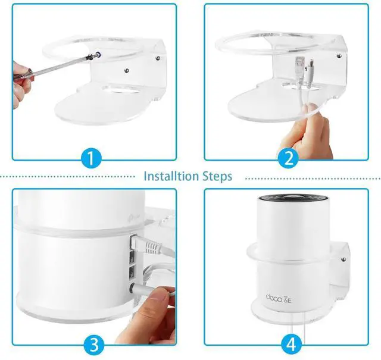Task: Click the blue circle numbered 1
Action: click(90, 158)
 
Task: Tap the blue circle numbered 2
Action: click(288, 158)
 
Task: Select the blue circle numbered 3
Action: click(94, 345)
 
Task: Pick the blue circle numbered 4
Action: click(292, 345)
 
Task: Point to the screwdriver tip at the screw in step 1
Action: click(91, 56)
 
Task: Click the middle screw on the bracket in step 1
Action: click(127, 70)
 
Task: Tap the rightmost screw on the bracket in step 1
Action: click(158, 58)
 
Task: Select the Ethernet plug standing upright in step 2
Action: click(299, 67)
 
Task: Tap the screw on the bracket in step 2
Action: click(339, 56)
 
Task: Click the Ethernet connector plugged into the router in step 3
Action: click(146, 245)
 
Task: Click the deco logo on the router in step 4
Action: click(279, 298)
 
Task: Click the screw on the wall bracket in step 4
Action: click(343, 259)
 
